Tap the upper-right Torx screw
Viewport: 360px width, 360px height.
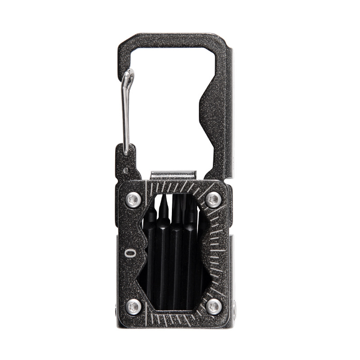(214, 199)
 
